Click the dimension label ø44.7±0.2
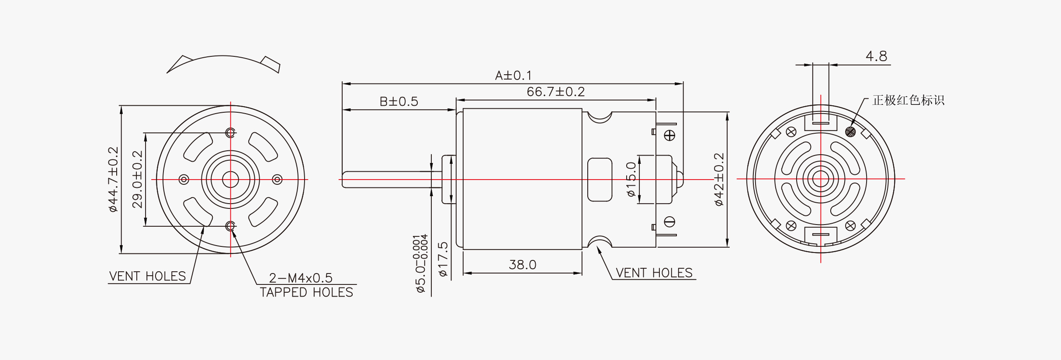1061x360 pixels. pos(113,180)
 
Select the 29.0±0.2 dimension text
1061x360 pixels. pos(137,180)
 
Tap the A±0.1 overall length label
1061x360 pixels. pos(513,76)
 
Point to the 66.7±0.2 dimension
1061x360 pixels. pos(555,92)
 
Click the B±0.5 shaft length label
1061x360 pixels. pos(399,101)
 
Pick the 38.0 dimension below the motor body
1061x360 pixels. pos(522,264)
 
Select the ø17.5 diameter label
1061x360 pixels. pos(443,259)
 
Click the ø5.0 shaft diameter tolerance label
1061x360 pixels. pos(420,264)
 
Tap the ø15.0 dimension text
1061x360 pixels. pos(631,179)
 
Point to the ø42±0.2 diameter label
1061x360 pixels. pos(718,179)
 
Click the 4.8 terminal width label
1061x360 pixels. pos(876,56)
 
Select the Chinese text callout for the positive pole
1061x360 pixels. pos(908,100)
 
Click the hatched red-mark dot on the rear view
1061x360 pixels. pos(850,131)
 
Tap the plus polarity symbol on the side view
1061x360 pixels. pos(669,135)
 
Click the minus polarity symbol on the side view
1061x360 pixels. pos(669,222)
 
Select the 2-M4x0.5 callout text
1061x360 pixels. pos(301,278)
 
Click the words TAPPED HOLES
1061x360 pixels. pos(306,292)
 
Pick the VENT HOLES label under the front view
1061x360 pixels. pos(148,276)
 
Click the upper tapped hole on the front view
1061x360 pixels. pos(230,132)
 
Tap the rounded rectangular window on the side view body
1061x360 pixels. pos(600,180)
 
